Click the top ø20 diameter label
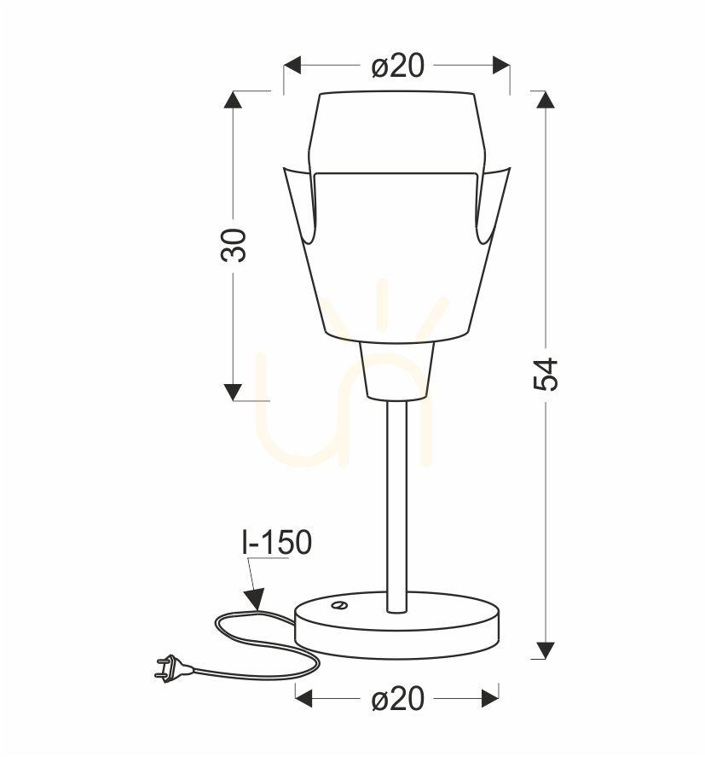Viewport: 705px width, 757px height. pyautogui.click(x=398, y=65)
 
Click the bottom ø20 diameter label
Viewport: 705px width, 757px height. pyautogui.click(x=398, y=699)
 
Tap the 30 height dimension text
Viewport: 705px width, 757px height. pyautogui.click(x=234, y=245)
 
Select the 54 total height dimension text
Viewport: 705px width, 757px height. pyautogui.click(x=546, y=374)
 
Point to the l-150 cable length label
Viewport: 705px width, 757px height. pyautogui.click(x=277, y=542)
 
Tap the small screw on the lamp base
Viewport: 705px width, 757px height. pyautogui.click(x=341, y=605)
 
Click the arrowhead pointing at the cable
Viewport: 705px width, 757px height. pyautogui.click(x=255, y=599)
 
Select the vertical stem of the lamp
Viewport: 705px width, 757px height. pyautogui.click(x=397, y=506)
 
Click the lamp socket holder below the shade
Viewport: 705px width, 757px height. pyautogui.click(x=397, y=370)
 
